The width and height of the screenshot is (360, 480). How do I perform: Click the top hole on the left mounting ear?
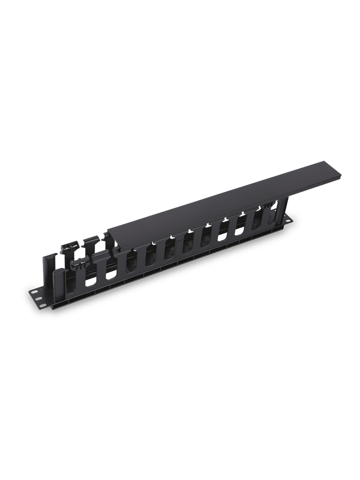34,292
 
